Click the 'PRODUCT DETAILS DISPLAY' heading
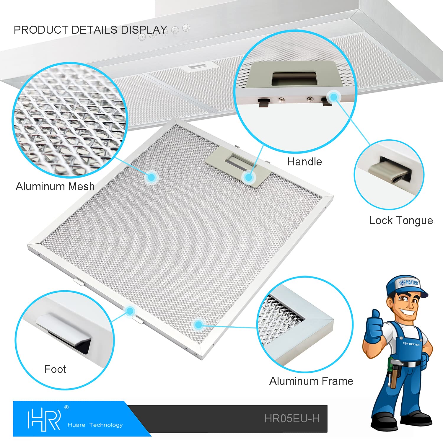point(90,30)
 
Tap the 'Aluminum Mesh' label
point(55,186)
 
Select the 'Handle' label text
point(304,162)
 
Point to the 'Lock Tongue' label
point(401,221)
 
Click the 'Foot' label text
point(55,369)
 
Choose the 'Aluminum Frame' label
point(311,381)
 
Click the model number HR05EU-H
point(292,418)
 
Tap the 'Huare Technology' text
point(95,425)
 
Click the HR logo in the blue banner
point(44,419)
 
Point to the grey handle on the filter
point(238,166)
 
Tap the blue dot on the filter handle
point(249,177)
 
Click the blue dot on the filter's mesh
point(151,177)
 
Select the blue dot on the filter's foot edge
point(130,311)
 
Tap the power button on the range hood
point(186,28)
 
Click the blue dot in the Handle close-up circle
point(334,97)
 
